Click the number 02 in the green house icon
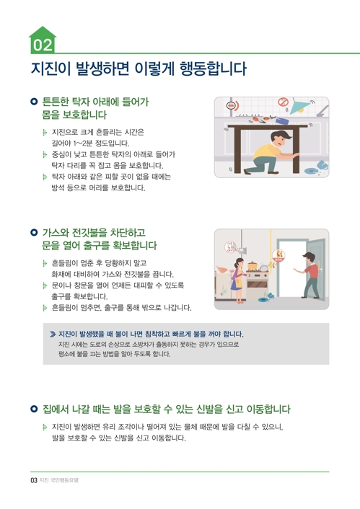[x=43, y=45]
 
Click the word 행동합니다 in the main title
[x=213, y=68]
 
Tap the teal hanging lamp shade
[x=299, y=107]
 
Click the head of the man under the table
[x=278, y=138]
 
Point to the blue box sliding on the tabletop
[x=282, y=120]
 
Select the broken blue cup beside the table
[x=322, y=165]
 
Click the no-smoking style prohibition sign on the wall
[x=283, y=102]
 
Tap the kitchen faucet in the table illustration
[x=322, y=111]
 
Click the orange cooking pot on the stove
[x=253, y=265]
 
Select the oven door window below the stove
[x=257, y=284]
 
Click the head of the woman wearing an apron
[x=240, y=262]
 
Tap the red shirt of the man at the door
[x=312, y=270]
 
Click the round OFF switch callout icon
[x=230, y=247]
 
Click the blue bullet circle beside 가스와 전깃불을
[x=34, y=232]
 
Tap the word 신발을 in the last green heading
[x=211, y=409]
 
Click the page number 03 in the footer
[x=34, y=480]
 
